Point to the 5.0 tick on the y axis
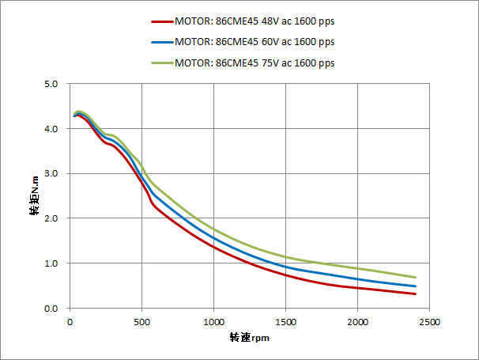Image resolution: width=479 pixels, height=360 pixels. click(x=51, y=84)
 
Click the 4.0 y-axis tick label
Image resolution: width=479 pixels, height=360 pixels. click(x=51, y=129)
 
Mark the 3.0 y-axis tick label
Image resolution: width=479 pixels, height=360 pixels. click(x=51, y=174)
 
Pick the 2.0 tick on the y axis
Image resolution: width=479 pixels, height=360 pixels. click(x=51, y=218)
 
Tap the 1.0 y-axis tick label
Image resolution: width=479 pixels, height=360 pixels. click(x=51, y=263)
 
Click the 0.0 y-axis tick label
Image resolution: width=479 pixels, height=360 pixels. click(x=51, y=309)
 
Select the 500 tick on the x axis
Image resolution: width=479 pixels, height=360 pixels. click(x=142, y=322)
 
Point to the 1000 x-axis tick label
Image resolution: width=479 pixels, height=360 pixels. click(x=214, y=322)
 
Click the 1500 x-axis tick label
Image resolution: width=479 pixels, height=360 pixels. click(x=286, y=322)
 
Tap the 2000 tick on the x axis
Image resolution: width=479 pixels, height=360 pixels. click(x=358, y=322)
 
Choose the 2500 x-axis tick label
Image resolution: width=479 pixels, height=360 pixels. click(x=430, y=322)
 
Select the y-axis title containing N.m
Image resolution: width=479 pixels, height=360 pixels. click(x=35, y=195)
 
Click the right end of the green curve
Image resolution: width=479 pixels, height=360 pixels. click(x=415, y=277)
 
